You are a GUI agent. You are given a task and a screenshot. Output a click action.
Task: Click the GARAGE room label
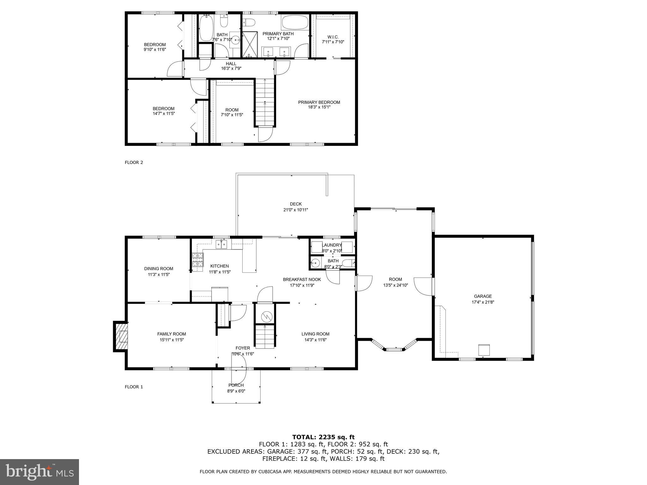(483, 296)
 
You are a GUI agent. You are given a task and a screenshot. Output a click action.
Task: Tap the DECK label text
(296, 204)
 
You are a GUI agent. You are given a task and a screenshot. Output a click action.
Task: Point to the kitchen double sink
(221, 244)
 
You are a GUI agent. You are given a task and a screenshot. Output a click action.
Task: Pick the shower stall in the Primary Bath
(250, 44)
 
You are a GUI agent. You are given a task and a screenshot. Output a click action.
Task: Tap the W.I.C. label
(333, 37)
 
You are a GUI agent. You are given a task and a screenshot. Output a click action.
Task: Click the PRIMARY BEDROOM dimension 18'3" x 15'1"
(319, 107)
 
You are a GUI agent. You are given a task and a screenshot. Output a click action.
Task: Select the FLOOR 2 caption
(134, 163)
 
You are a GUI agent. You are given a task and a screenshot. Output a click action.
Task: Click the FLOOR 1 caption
(134, 387)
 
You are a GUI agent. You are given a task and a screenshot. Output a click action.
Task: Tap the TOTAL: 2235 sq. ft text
(323, 437)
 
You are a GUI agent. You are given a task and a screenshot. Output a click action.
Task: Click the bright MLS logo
(39, 472)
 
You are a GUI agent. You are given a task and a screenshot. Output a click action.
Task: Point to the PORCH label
(236, 385)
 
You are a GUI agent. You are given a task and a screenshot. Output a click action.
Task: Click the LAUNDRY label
(332, 245)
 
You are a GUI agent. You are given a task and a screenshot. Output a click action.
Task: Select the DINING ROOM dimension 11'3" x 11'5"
(159, 274)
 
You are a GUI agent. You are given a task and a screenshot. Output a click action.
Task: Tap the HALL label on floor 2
(231, 64)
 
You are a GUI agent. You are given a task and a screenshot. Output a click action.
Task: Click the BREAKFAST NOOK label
(302, 279)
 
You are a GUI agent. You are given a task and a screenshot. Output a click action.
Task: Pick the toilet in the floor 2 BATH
(224, 21)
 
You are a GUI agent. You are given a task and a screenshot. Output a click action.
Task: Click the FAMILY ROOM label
(172, 334)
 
